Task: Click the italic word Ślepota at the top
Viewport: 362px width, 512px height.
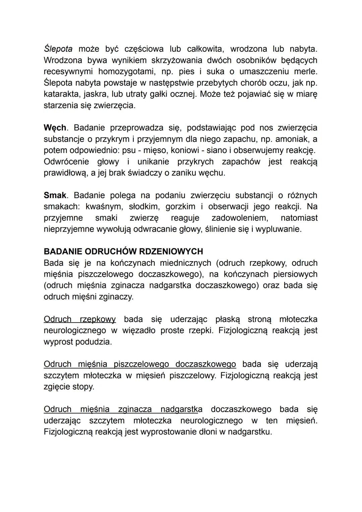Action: tap(58, 49)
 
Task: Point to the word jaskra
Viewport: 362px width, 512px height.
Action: tap(97, 94)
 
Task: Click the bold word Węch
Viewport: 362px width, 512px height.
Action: tap(55, 128)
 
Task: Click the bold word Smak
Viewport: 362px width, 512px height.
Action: tap(55, 195)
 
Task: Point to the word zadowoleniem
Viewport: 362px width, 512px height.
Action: tap(240, 218)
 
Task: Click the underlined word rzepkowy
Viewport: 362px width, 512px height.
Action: tap(98, 319)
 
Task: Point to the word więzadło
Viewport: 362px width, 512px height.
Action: tap(138, 331)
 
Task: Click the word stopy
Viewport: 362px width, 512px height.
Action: tap(83, 387)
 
